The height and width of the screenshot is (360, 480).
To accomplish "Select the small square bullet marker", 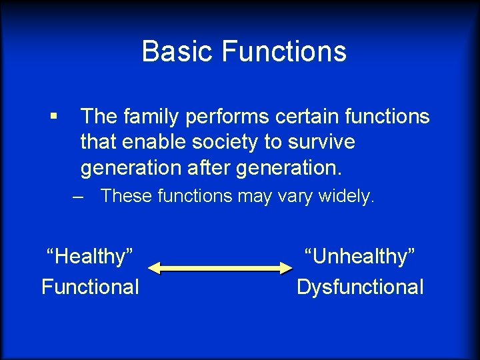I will pos(53,117).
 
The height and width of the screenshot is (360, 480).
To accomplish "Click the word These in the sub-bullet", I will pos(125,197).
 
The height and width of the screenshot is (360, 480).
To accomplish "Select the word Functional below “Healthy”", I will pos(90,287).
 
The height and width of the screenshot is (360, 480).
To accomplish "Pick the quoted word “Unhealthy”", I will pos(360,257).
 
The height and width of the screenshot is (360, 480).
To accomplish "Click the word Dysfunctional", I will pos(360,287).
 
